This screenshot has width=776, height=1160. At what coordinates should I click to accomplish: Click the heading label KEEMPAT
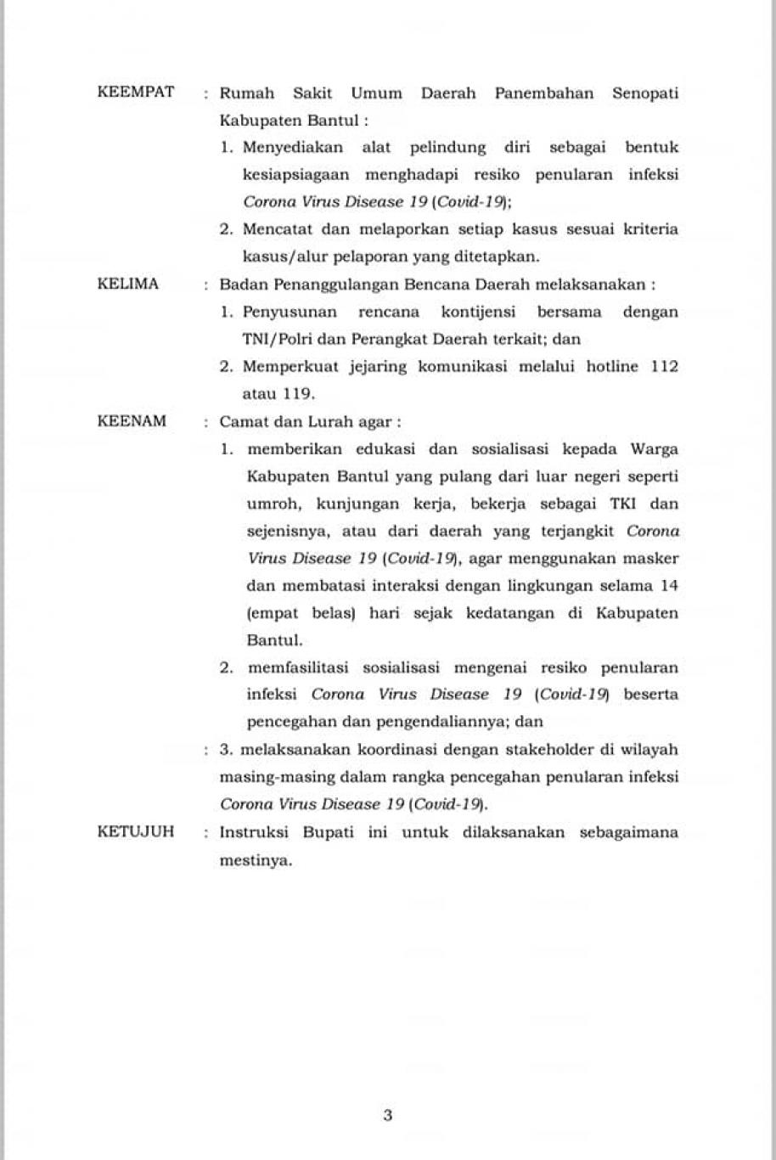click(136, 92)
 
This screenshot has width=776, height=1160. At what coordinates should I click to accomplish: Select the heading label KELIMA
click(128, 284)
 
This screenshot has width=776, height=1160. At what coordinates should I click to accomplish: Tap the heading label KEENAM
click(132, 420)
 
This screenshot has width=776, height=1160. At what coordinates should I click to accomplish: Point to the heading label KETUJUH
click(136, 831)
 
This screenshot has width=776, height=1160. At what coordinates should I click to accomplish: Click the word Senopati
click(645, 93)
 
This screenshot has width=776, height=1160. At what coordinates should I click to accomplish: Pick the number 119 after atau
click(298, 393)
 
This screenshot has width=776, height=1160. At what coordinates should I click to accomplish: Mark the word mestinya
click(256, 859)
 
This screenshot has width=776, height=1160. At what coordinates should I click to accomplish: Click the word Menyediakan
click(293, 147)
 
